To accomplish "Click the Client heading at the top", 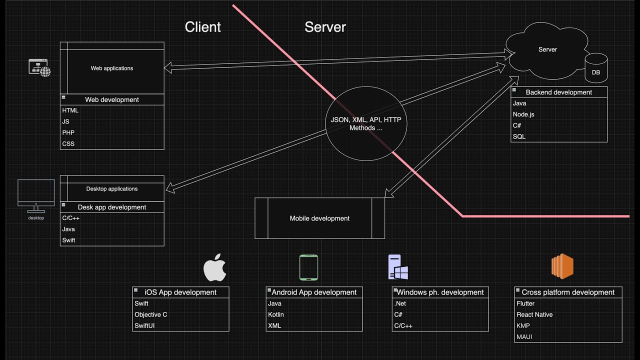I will [x=202, y=27].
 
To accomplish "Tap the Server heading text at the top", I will [x=325, y=27].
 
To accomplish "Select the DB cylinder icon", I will [x=596, y=68].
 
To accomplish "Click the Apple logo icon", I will [x=215, y=267].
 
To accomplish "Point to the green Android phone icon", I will [x=308, y=267].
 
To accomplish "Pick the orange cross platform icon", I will [x=562, y=266].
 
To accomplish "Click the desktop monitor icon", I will [x=36, y=194].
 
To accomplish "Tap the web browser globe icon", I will [x=40, y=67].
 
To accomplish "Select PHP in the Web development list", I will [x=68, y=132].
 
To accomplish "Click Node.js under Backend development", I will [x=523, y=114].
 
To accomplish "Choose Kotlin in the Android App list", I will [x=275, y=314].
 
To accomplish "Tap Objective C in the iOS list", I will [x=151, y=314].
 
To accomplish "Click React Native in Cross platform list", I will [x=534, y=314].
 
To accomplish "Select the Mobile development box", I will [x=319, y=218].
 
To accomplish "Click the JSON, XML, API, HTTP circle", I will [x=366, y=124].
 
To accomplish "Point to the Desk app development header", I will [x=112, y=207].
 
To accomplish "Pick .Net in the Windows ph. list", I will [x=400, y=303].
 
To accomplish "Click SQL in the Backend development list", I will [x=519, y=136].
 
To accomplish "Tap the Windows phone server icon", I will [x=398, y=267].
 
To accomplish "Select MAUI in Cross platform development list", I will [x=524, y=336].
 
